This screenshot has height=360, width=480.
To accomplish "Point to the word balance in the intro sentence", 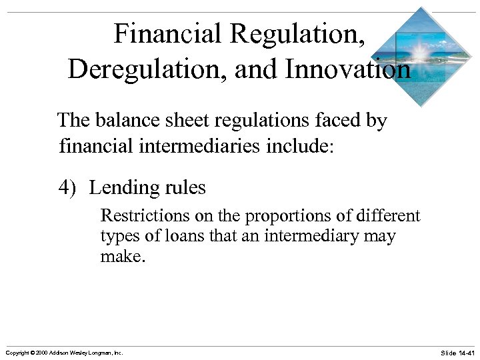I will coord(123,121).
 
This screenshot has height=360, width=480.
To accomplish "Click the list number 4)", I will coord(69,188).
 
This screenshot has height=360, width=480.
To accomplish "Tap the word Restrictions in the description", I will coord(137,216).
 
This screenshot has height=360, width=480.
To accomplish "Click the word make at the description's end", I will coord(119,256).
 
